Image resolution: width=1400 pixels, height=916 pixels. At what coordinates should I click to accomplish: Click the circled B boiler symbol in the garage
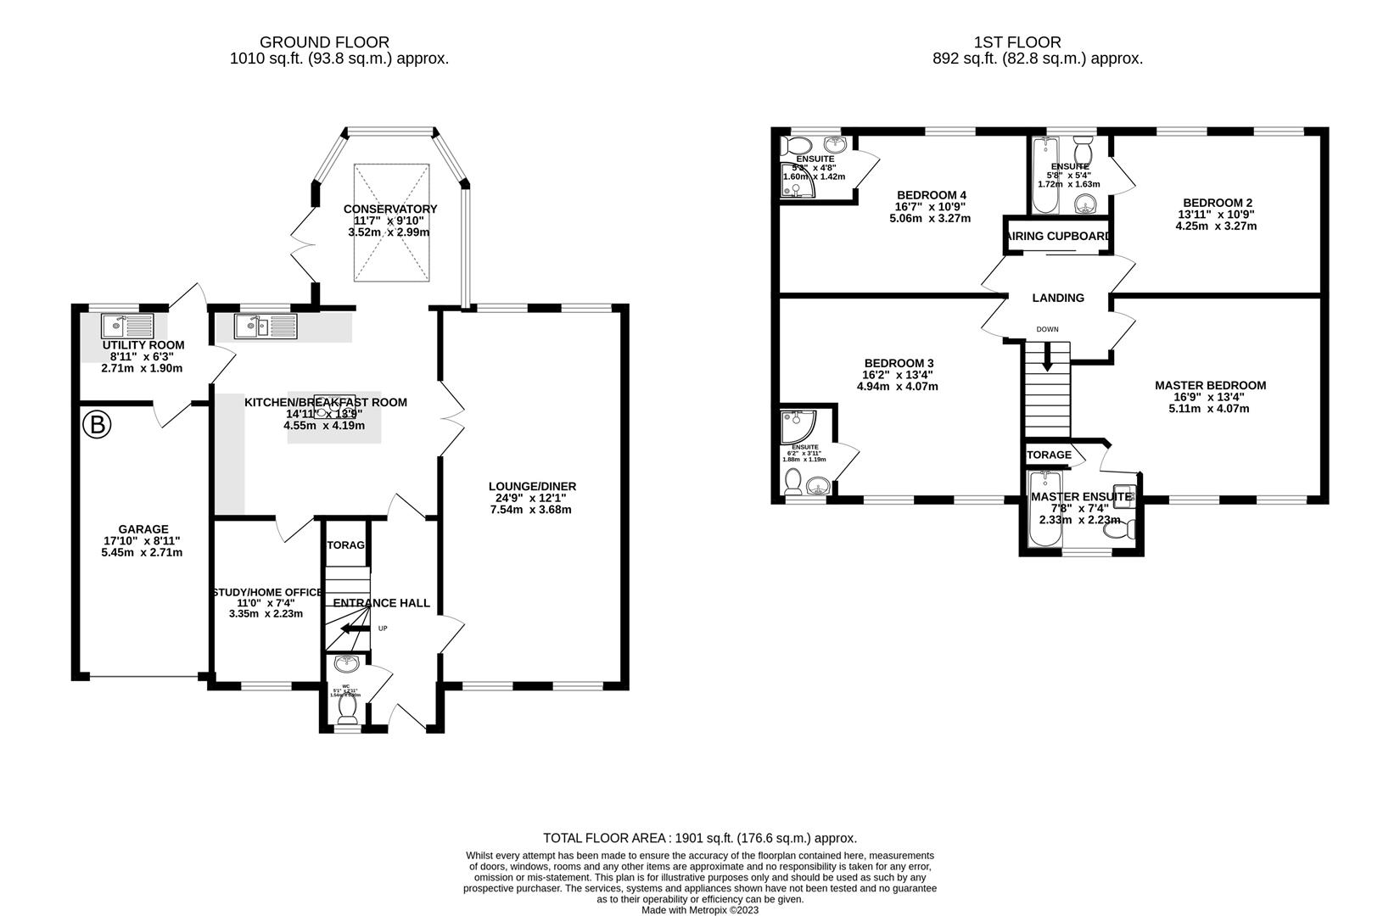(x=97, y=424)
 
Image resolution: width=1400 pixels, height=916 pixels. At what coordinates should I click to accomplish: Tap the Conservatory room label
(x=390, y=209)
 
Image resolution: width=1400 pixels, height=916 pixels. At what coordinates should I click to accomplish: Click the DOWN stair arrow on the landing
(x=1047, y=355)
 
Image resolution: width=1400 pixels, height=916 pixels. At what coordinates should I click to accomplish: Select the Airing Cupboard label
(x=1057, y=237)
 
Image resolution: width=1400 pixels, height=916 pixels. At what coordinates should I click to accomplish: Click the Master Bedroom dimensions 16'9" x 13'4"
(x=1210, y=397)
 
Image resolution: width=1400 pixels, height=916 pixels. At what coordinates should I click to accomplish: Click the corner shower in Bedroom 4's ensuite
(x=796, y=180)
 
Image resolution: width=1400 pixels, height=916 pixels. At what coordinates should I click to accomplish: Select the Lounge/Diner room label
(x=532, y=486)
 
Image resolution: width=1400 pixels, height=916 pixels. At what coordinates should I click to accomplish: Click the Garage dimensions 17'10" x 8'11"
(x=142, y=540)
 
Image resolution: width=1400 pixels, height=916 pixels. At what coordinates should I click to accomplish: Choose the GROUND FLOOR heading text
(x=324, y=42)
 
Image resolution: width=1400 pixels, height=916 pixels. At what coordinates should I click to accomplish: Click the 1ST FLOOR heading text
(x=1017, y=42)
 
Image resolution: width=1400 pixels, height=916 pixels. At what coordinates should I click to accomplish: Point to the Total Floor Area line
(x=699, y=838)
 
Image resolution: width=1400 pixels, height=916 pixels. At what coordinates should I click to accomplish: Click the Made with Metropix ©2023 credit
(x=699, y=910)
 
